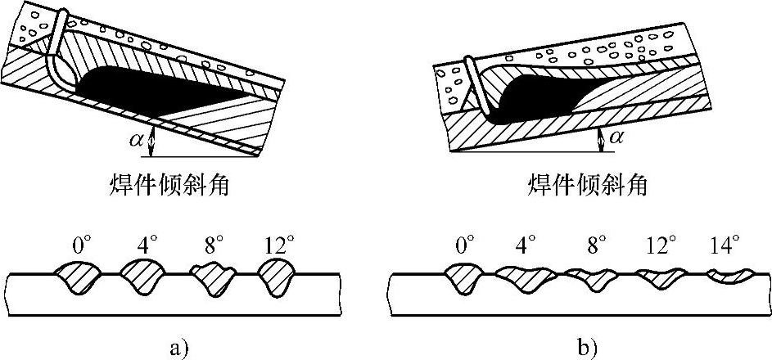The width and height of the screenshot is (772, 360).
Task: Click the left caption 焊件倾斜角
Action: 168,184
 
